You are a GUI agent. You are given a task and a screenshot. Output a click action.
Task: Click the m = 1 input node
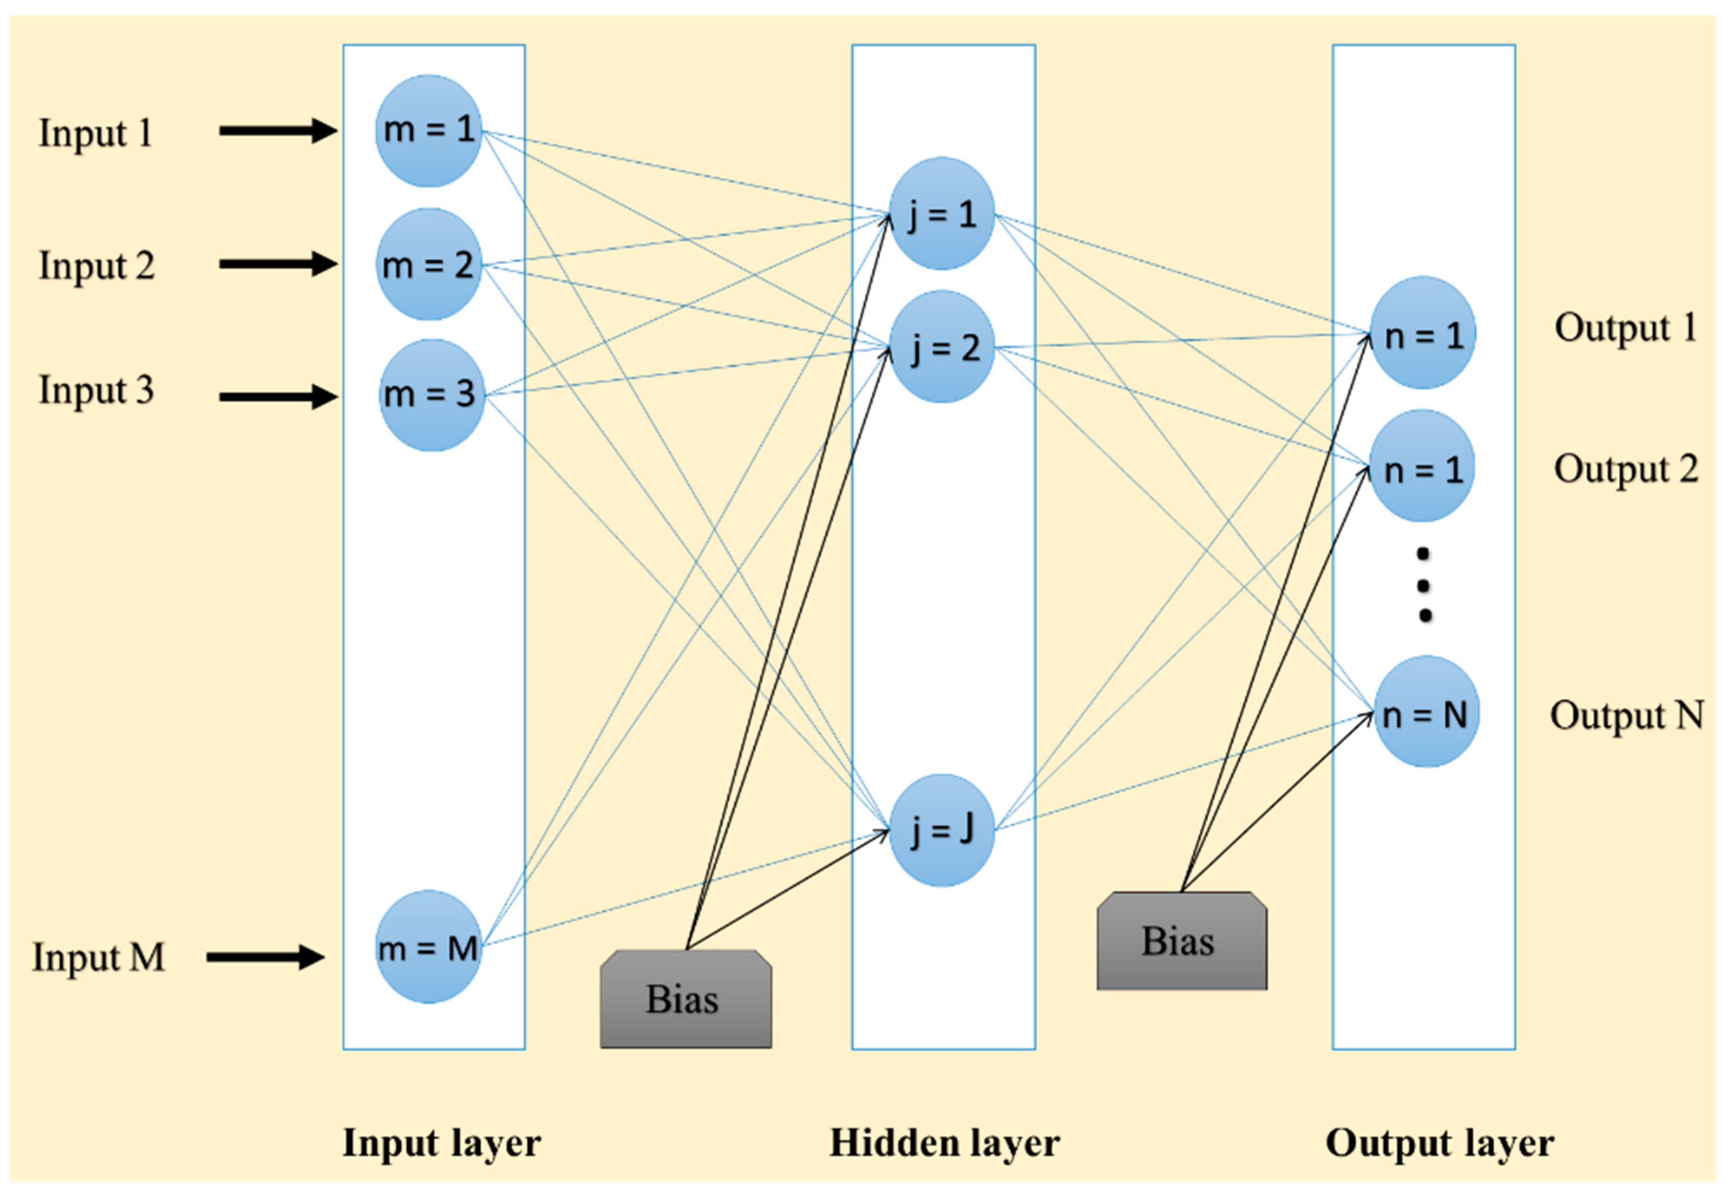click(x=429, y=130)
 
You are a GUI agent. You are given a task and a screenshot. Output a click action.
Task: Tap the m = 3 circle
click(x=432, y=395)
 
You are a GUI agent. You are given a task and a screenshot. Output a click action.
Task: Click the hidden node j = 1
click(x=942, y=213)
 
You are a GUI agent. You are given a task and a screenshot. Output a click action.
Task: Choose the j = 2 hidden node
click(x=942, y=347)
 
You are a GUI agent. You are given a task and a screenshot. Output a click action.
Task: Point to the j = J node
click(x=942, y=830)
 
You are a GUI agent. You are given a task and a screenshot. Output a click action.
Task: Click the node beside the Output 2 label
click(x=1422, y=465)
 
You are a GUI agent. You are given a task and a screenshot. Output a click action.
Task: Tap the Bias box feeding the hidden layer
click(x=686, y=999)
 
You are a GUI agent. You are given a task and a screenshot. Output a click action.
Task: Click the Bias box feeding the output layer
click(x=1182, y=941)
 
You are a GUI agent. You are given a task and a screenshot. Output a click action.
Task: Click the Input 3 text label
click(x=97, y=390)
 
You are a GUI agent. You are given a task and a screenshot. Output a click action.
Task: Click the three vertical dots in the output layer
click(x=1424, y=585)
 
